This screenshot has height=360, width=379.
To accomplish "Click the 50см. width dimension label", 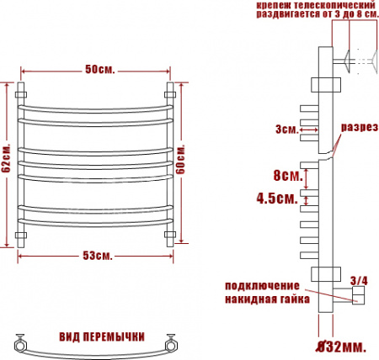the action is tap(100, 70).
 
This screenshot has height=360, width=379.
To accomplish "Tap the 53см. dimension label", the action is tap(98, 256).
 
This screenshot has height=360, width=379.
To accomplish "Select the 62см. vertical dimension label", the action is tap(7, 159).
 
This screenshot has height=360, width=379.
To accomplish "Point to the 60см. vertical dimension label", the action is tap(182, 159).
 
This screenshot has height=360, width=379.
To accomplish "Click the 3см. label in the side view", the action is tap(287, 130).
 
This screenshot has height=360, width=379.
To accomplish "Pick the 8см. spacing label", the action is tap(288, 176).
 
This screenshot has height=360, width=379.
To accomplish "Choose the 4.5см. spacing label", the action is tap(277, 199).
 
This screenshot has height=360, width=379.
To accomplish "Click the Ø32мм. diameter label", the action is tap(341, 347).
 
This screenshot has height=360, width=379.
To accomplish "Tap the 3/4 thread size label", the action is tap(359, 281).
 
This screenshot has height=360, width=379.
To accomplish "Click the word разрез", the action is tap(360, 127).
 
